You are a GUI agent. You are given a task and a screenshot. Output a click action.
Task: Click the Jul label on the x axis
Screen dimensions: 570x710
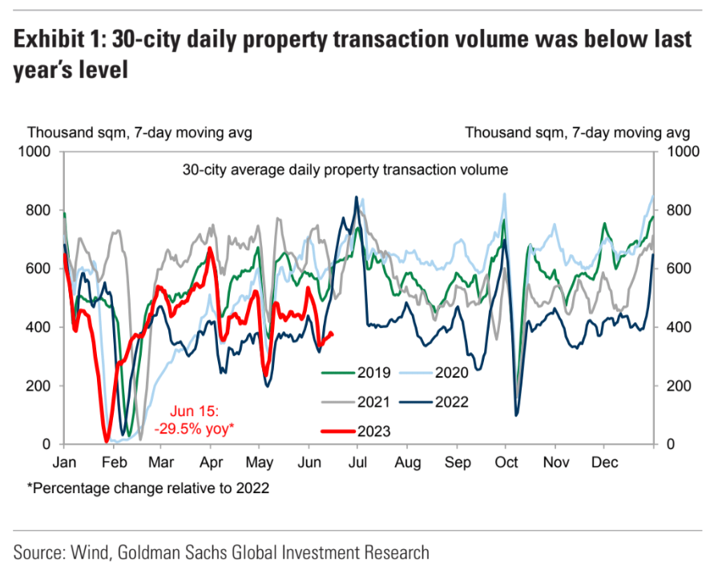click(x=357, y=463)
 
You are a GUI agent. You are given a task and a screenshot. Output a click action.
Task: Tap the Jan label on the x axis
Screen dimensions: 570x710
click(x=64, y=463)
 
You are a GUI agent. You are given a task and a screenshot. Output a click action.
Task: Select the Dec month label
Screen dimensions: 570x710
click(x=603, y=463)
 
